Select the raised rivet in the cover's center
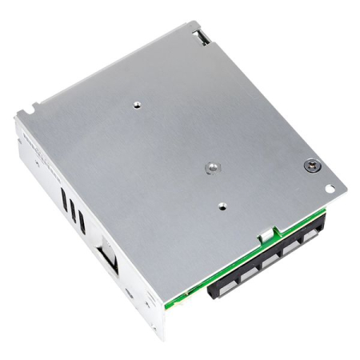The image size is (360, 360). click(x=212, y=167)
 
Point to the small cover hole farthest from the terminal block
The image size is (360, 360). click(x=138, y=103)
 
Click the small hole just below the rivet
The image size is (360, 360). click(x=222, y=205)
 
